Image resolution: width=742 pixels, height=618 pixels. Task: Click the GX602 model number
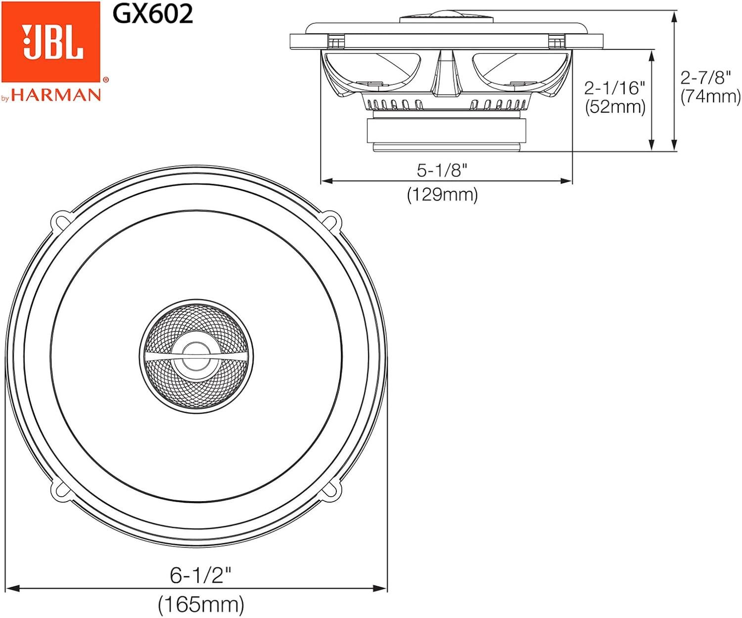pyautogui.click(x=152, y=14)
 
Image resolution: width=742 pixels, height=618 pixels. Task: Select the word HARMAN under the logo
pyautogui.click(x=56, y=95)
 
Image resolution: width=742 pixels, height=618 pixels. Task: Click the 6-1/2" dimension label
pyautogui.click(x=200, y=575)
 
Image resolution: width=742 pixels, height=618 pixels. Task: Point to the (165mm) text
pyautogui.click(x=201, y=604)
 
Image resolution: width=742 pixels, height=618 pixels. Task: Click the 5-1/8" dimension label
pyautogui.click(x=442, y=170)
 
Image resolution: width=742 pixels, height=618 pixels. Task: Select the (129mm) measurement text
pyautogui.click(x=442, y=195)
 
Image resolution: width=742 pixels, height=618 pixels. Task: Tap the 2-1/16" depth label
pyautogui.click(x=615, y=88)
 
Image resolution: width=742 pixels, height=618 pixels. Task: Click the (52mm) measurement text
pyautogui.click(x=615, y=107)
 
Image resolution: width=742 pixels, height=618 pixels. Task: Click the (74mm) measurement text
pyautogui.click(x=710, y=96)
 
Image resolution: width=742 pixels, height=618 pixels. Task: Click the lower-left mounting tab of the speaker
pyautogui.click(x=62, y=490)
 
